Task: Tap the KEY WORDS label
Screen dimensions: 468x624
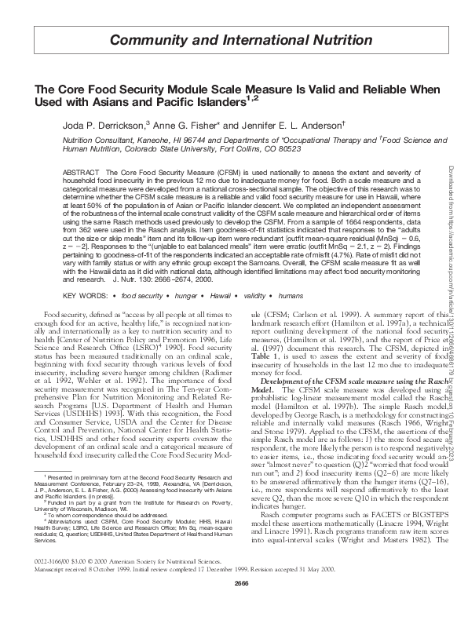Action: [x=85, y=295]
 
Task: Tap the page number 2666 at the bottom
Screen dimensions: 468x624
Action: [x=233, y=607]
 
